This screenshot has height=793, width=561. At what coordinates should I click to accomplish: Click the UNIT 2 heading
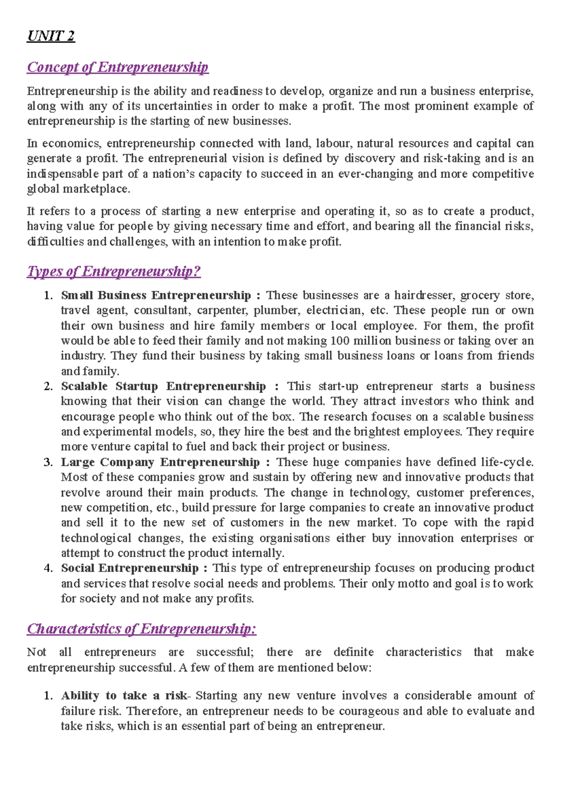(x=51, y=36)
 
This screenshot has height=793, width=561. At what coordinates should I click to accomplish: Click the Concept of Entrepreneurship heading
(x=117, y=67)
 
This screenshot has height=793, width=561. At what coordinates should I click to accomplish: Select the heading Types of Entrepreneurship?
(x=114, y=271)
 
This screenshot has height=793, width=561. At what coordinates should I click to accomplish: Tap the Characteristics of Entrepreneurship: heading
(x=142, y=629)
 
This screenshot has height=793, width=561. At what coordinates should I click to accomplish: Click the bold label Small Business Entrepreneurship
(x=156, y=296)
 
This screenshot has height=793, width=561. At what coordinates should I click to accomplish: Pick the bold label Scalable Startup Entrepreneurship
(x=163, y=386)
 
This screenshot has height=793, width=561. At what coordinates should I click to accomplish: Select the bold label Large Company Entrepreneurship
(x=160, y=462)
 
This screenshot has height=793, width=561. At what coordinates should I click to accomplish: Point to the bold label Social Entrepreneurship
(x=129, y=568)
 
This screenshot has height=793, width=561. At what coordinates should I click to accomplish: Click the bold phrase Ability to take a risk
(x=123, y=696)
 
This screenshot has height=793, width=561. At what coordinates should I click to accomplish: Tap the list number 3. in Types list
(x=48, y=462)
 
